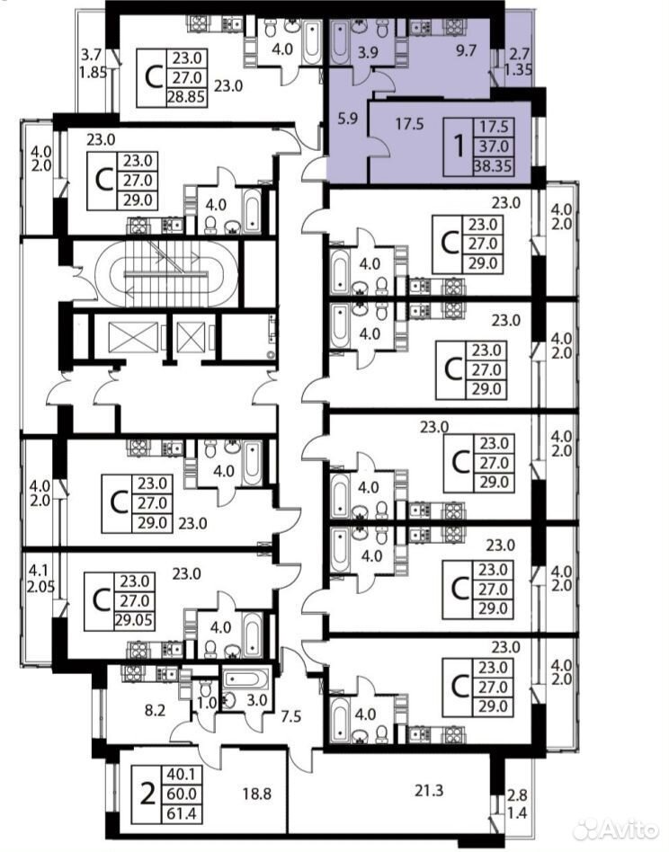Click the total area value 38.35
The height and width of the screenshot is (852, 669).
[x=493, y=165]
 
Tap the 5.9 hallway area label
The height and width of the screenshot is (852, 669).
[x=348, y=119]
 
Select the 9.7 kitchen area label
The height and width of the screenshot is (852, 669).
[x=466, y=50]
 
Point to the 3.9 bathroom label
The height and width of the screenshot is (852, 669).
[x=368, y=52]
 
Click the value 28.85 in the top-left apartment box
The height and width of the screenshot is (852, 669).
[x=188, y=97]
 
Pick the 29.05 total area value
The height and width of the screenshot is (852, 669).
[x=134, y=620]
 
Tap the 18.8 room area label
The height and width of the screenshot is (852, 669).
[x=256, y=794]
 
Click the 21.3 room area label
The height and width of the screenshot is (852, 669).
[x=429, y=790]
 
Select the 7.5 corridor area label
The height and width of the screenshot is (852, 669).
[x=290, y=716]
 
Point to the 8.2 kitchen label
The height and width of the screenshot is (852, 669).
[x=155, y=710]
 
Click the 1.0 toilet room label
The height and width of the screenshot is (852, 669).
[x=207, y=703]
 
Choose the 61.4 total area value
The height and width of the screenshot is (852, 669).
[x=182, y=813]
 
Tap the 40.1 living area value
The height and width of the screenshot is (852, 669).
[x=182, y=774]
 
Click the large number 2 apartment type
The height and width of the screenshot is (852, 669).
[x=147, y=794]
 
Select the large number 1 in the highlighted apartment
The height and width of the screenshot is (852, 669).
[x=459, y=146]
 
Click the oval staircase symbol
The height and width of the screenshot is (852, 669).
[x=166, y=274]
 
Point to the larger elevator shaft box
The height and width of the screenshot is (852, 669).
[x=133, y=337]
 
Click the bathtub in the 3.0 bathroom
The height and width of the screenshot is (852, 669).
[x=245, y=679]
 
